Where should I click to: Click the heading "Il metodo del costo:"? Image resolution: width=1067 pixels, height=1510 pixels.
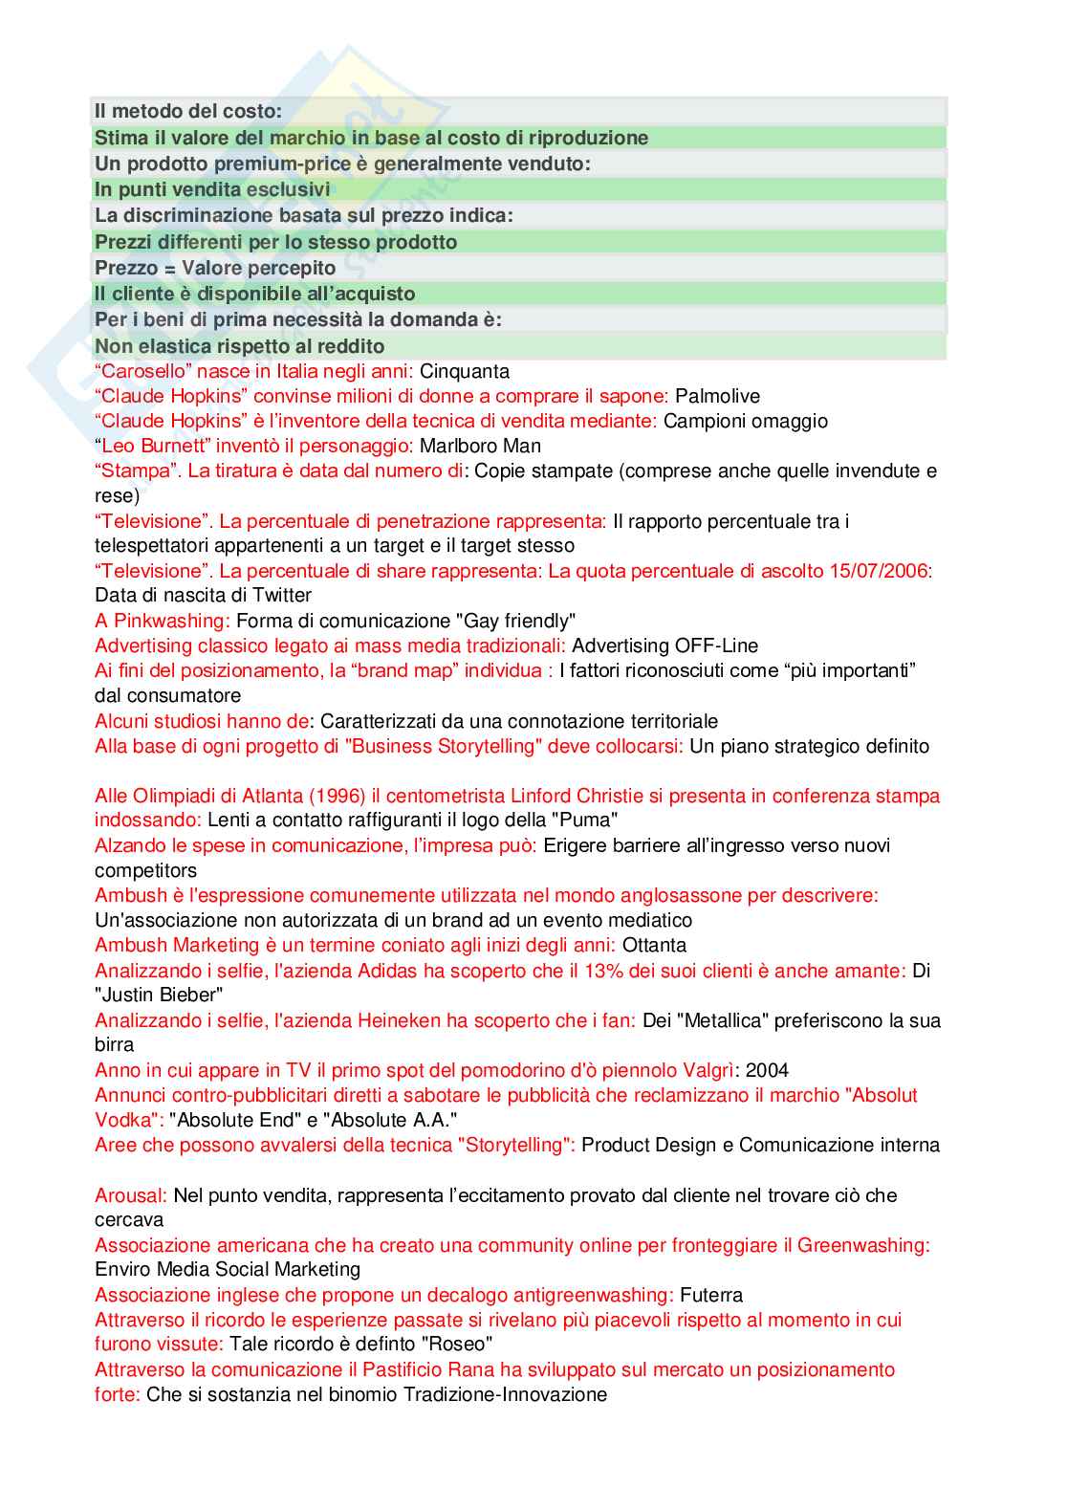(188, 111)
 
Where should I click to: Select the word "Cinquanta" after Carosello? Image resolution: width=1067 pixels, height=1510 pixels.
(464, 371)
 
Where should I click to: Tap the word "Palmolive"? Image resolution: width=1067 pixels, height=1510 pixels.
(717, 396)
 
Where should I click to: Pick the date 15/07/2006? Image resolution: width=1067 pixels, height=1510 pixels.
(879, 571)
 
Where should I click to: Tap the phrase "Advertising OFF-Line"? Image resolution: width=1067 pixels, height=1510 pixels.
(664, 646)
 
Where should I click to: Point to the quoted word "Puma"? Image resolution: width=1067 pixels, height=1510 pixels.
(588, 820)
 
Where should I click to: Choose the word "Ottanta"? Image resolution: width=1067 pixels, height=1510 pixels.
(654, 945)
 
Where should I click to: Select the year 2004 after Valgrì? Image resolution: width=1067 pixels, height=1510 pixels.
(767, 1070)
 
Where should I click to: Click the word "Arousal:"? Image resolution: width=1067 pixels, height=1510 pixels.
(131, 1195)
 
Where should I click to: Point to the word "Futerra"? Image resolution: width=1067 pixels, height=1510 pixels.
(711, 1295)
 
